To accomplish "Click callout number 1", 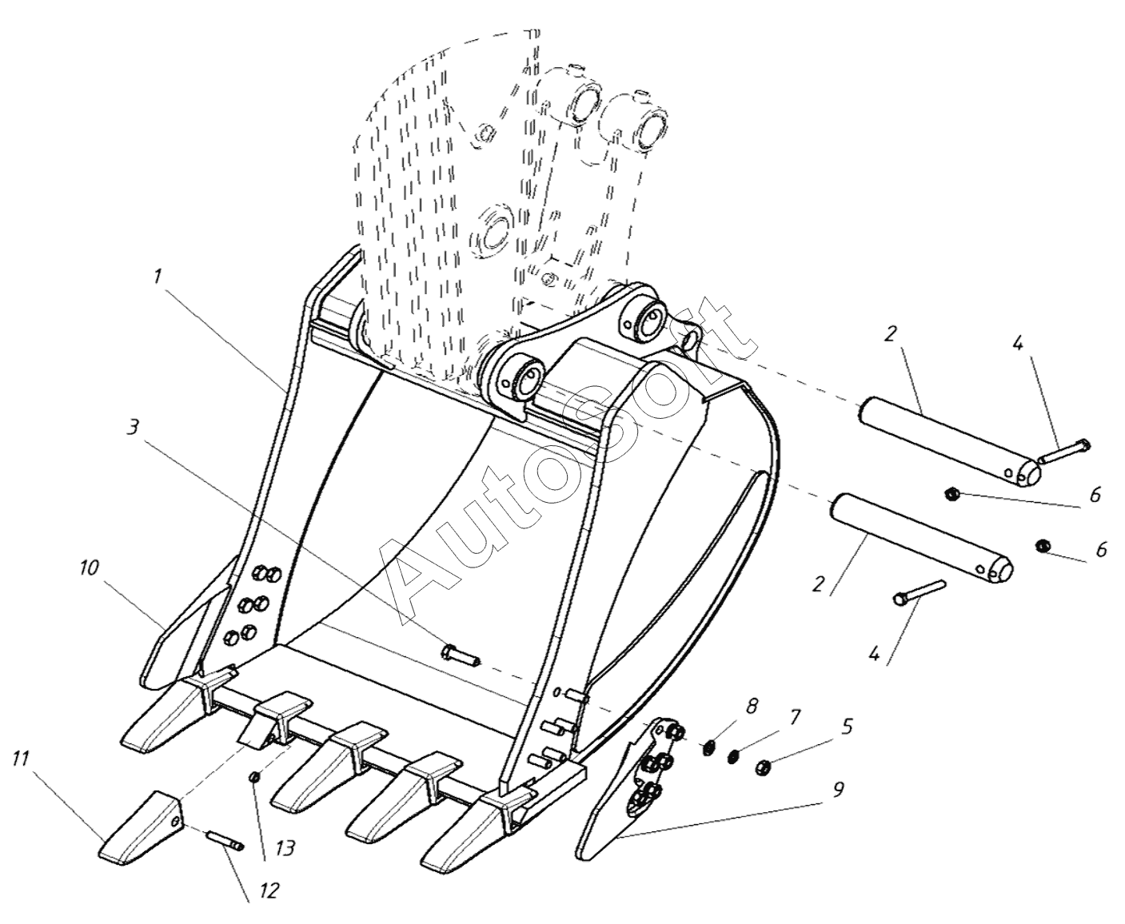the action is [x=158, y=277].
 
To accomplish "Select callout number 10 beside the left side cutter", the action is [x=89, y=568].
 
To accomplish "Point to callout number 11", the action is [x=21, y=759].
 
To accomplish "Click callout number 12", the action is [x=270, y=890].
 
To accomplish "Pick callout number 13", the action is [x=285, y=848].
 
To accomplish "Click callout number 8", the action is [x=751, y=707].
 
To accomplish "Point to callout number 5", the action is [x=847, y=727].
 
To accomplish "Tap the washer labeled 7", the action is [x=735, y=757].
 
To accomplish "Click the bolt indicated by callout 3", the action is [x=461, y=655].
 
